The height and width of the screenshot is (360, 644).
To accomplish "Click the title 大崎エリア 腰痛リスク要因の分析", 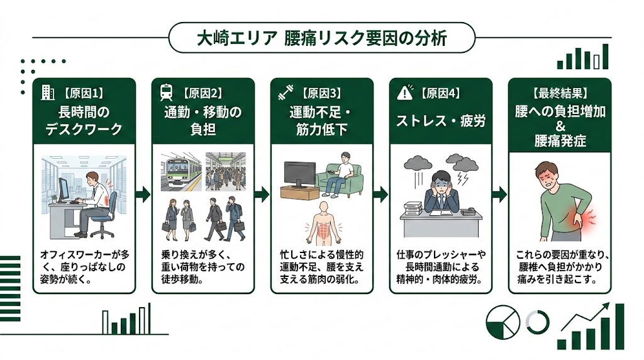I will [321, 38].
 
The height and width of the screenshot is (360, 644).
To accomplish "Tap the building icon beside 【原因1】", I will [47, 93].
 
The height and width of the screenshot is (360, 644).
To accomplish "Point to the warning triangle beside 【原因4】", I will [404, 94].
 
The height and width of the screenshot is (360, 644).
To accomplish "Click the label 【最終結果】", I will [560, 93].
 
